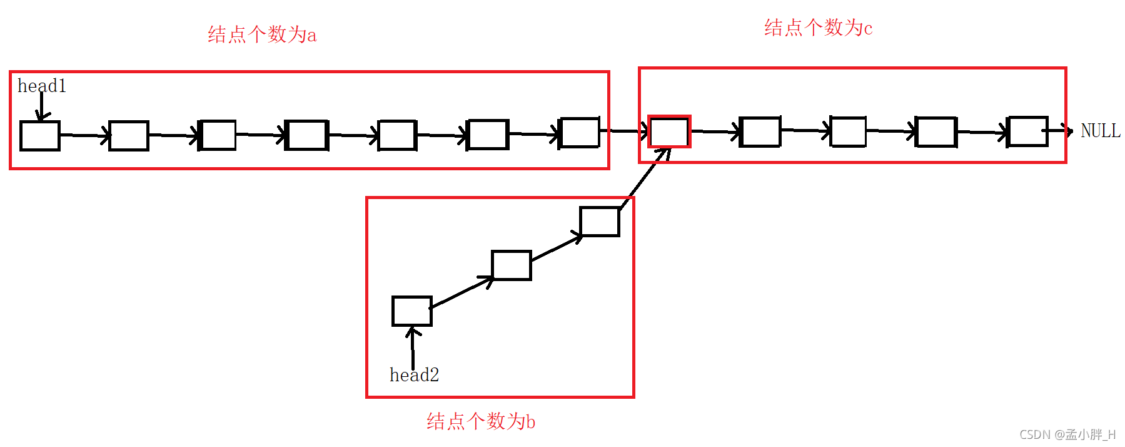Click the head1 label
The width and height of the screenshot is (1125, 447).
(x=41, y=86)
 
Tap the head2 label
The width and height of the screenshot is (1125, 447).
(x=414, y=375)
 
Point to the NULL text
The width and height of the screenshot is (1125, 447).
(x=1100, y=131)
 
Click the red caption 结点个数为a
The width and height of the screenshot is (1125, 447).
(x=262, y=34)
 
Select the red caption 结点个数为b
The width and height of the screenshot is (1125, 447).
(x=480, y=421)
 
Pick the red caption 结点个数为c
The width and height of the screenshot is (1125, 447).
(x=818, y=28)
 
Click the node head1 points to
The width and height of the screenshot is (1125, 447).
(x=40, y=136)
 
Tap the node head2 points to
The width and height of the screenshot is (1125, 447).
(x=411, y=311)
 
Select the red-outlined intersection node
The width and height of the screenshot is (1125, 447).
(x=669, y=131)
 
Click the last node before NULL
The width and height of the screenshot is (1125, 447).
(x=1027, y=131)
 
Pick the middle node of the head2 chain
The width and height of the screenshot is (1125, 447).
(x=511, y=265)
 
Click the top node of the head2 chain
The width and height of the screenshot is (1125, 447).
(x=599, y=222)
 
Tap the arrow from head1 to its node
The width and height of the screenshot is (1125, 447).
(x=41, y=105)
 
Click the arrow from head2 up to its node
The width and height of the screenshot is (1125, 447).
(x=413, y=347)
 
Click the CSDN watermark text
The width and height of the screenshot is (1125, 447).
(x=1067, y=434)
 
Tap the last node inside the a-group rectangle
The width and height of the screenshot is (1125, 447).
(x=579, y=133)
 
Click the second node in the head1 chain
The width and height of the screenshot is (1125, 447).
(x=129, y=136)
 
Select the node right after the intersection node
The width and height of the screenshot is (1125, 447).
(x=760, y=131)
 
